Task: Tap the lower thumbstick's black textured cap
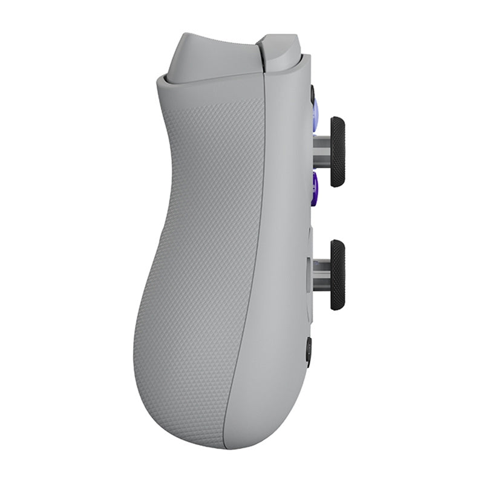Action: click(x=338, y=275)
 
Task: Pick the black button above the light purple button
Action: click(x=313, y=94)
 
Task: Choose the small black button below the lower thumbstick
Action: click(x=309, y=351)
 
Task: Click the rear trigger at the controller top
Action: click(x=206, y=57)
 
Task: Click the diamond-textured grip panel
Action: click(x=194, y=242)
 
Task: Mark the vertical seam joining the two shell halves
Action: click(x=257, y=242)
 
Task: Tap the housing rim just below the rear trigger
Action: click(x=206, y=82)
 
